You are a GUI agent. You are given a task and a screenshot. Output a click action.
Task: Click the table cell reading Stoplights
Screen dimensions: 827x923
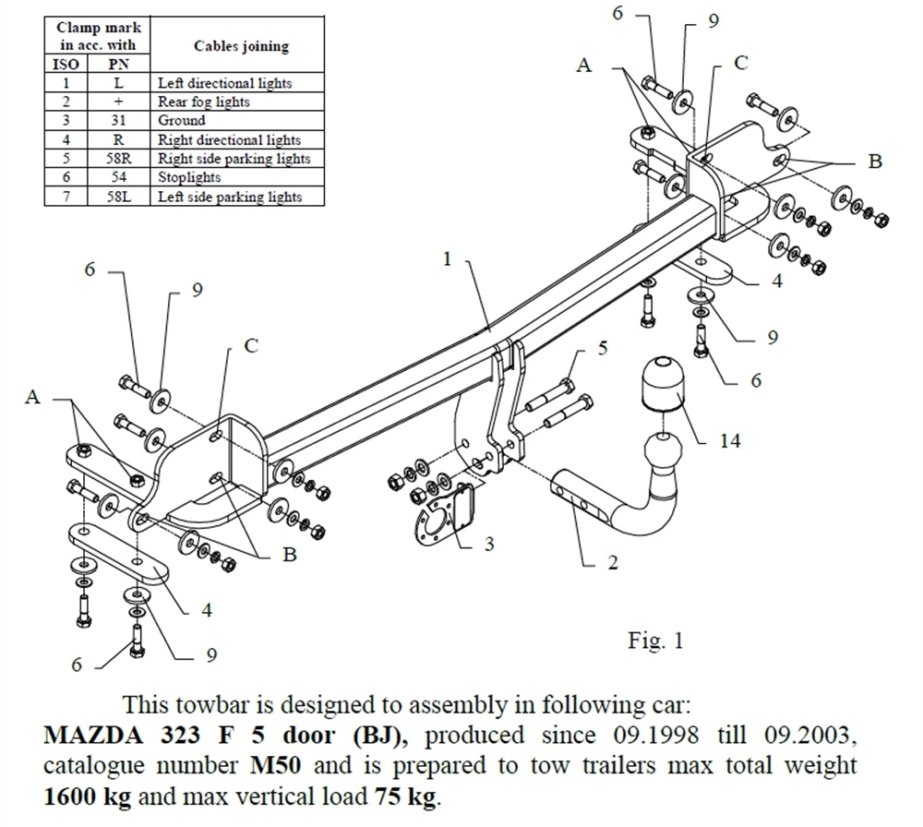pyautogui.click(x=189, y=177)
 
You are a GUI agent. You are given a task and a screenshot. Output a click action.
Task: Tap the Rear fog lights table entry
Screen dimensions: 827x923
pyautogui.click(x=203, y=102)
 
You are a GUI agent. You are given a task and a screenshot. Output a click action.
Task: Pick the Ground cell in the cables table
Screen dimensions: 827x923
pyautogui.click(x=182, y=120)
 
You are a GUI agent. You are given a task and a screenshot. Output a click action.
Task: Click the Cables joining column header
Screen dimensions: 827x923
pyautogui.click(x=241, y=46)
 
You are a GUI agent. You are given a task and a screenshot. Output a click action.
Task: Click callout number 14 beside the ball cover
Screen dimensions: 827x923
pyautogui.click(x=731, y=441)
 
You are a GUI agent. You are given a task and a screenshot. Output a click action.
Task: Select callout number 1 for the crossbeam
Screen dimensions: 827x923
pyautogui.click(x=447, y=259)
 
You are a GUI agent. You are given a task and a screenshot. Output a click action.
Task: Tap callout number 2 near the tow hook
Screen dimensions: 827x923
pyautogui.click(x=612, y=562)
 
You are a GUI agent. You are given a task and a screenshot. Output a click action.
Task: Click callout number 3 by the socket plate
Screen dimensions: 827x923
pyautogui.click(x=488, y=544)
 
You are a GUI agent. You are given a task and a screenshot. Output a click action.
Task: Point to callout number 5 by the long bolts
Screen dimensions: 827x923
pyautogui.click(x=603, y=348)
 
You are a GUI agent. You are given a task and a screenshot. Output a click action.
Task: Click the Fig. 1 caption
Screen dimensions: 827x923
pyautogui.click(x=655, y=641)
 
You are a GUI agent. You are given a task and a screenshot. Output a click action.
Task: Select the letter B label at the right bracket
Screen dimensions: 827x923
pyautogui.click(x=875, y=162)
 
